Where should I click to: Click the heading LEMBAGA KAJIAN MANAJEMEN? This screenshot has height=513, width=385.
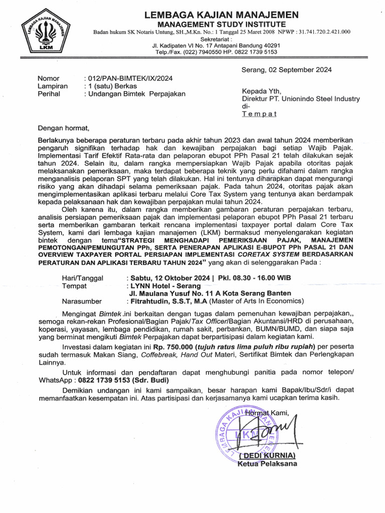[x=221, y=15]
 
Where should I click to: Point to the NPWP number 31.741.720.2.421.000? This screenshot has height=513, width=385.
[x=322, y=32]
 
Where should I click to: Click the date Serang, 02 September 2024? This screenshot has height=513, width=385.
[x=286, y=70]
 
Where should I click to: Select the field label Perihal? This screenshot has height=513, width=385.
[x=49, y=94]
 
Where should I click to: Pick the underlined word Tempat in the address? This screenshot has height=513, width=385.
[x=259, y=114]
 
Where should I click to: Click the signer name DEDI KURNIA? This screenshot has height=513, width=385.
[x=267, y=455]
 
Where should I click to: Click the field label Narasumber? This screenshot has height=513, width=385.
[x=82, y=301]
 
